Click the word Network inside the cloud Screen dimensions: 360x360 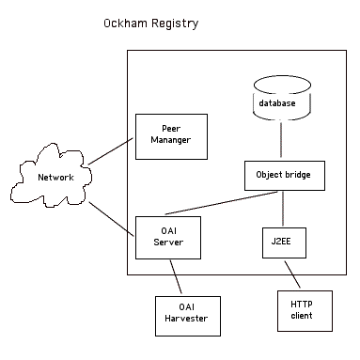point(55,177)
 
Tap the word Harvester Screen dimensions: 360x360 point(187,321)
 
